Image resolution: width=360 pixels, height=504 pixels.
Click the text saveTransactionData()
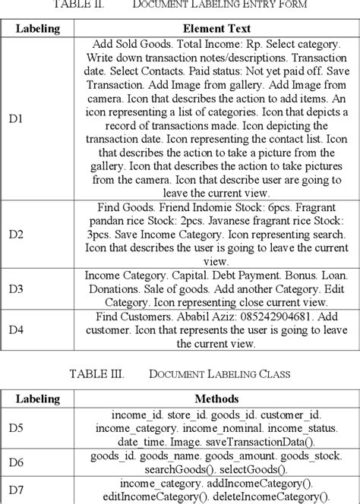point(259,443)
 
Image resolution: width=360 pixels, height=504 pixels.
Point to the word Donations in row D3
point(114,289)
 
